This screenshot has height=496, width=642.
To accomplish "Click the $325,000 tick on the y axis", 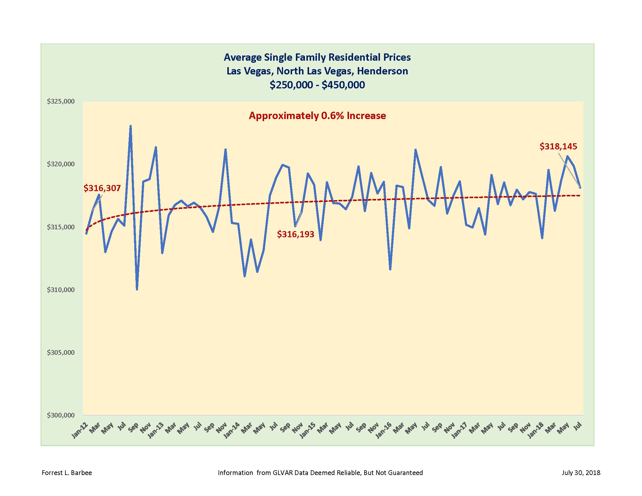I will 61,101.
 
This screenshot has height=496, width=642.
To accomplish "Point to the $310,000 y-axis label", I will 61,290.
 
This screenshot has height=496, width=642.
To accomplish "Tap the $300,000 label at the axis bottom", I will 61,415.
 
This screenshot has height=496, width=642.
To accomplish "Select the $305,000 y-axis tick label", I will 61,352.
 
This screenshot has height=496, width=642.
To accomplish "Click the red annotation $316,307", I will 102,188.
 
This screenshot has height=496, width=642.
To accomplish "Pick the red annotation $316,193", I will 295,234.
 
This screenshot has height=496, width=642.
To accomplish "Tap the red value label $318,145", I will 558,146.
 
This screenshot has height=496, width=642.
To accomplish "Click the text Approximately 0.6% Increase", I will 317,116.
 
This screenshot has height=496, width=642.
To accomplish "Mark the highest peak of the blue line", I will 130,126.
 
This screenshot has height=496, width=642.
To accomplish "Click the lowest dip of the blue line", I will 137,289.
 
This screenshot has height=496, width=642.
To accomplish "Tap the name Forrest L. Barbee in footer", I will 67,473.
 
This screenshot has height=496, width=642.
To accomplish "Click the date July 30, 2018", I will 581,473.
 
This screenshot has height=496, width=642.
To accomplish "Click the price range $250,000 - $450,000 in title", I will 317,85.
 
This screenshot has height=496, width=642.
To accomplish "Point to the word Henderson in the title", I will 383,71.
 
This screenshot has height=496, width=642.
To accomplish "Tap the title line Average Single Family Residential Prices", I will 317,57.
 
